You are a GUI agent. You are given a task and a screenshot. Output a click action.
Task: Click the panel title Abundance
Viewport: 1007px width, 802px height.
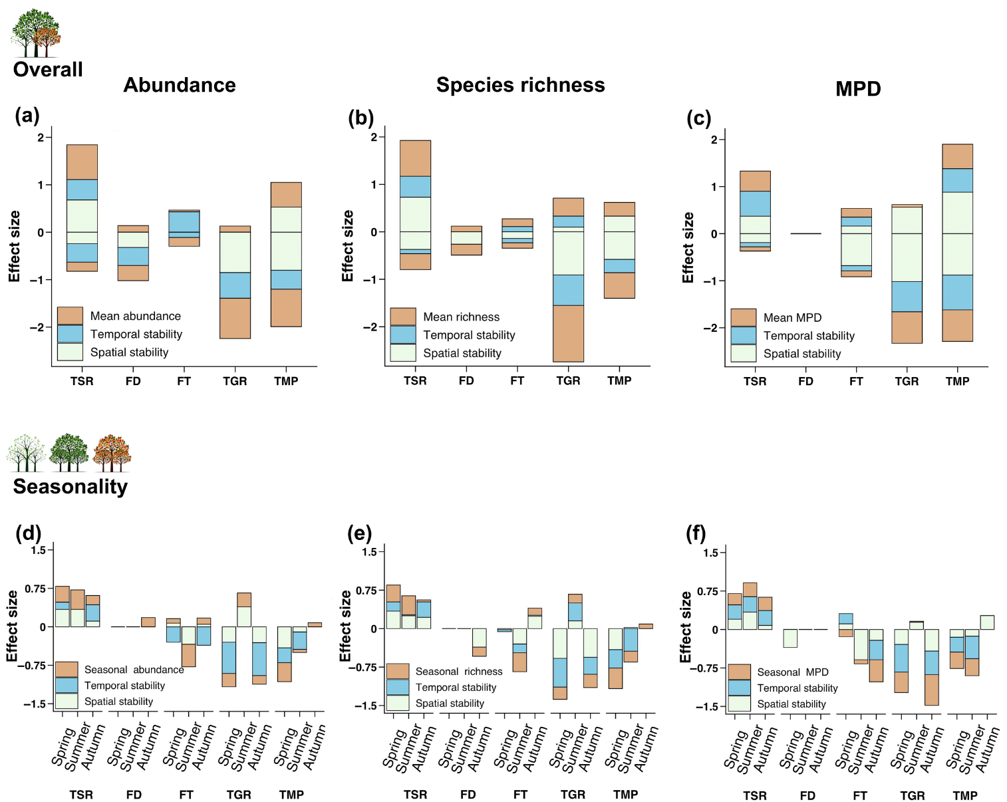pos(180,85)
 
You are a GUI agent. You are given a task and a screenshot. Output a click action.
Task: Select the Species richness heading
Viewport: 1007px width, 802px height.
pos(520,85)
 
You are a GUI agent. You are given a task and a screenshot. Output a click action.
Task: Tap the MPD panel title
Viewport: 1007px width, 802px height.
pos(858,89)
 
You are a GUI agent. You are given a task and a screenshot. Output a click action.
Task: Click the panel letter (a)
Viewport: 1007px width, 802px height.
pos(27,116)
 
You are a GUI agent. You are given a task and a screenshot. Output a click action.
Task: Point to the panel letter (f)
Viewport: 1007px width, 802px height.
pos(696,533)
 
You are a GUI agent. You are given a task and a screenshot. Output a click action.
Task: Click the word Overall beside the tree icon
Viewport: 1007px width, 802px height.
pos(48,69)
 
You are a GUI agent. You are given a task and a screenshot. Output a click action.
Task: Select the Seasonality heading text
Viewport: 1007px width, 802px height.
pos(71,487)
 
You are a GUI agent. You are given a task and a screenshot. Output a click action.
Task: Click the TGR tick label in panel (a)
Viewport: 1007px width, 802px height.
pos(235,381)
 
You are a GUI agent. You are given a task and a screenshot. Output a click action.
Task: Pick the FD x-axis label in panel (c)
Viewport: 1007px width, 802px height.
pos(805,381)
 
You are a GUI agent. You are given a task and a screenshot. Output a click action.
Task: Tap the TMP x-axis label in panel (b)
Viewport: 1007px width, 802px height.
pos(619,380)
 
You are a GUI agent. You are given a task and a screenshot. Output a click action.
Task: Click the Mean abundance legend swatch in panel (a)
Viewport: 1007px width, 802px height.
pos(70,316)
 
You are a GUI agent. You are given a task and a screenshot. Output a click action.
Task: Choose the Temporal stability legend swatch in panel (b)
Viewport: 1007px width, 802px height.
pos(403,334)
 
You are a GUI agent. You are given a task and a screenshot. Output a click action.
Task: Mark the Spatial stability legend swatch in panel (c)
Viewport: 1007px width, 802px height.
pos(744,353)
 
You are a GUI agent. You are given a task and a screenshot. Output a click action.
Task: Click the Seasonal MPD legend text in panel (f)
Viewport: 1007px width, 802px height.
pos(793,672)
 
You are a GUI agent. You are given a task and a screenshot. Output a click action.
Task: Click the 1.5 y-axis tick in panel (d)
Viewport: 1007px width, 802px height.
pos(38,550)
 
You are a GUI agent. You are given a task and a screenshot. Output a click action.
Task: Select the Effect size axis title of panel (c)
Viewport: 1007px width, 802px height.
pos(688,247)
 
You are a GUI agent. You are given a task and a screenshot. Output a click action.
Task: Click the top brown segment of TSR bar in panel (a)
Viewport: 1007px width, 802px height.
pos(82,162)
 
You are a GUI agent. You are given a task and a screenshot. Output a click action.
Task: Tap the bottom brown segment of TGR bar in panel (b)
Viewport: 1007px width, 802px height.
pos(568,333)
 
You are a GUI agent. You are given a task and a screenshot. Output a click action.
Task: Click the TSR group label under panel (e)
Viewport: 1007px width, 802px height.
pos(416,795)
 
